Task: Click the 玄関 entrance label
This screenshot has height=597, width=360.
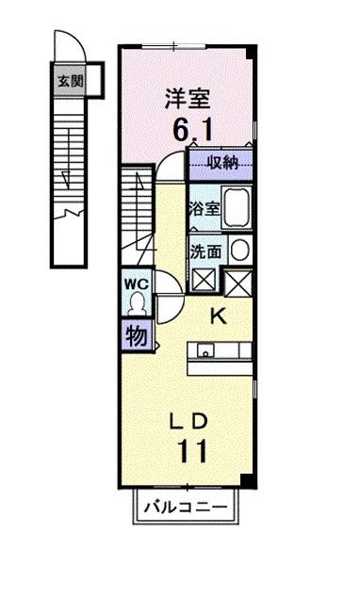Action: [70, 81]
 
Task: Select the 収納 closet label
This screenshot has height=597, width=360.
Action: [223, 163]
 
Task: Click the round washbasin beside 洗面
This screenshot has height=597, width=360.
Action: [240, 250]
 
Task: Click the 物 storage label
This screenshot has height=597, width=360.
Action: [135, 334]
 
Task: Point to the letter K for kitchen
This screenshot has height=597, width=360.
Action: [218, 317]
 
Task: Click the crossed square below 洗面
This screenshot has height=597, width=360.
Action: [203, 280]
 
